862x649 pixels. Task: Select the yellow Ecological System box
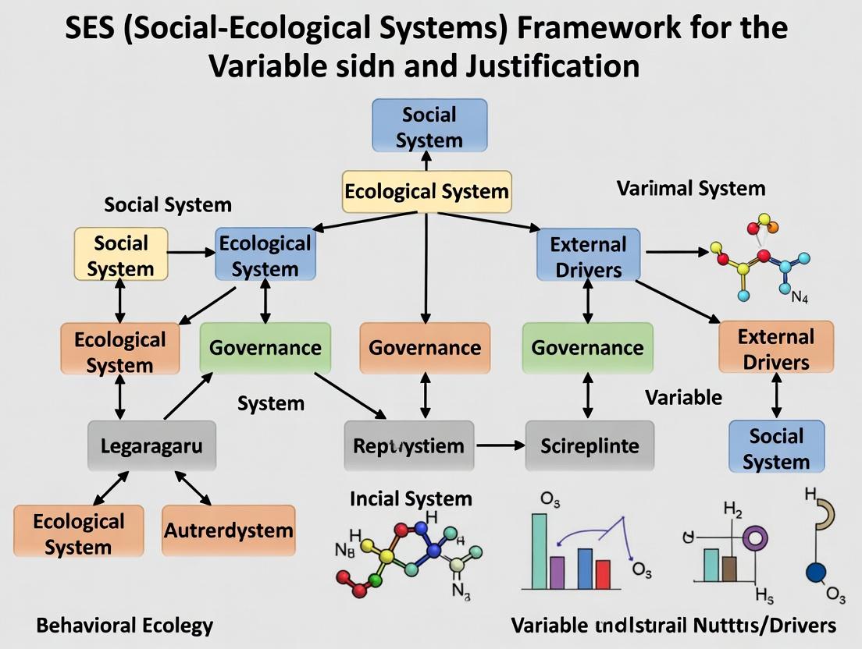coord(426,191)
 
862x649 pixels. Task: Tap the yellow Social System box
coord(120,255)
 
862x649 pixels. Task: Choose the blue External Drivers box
coord(588,256)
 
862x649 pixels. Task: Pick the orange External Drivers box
coord(775,349)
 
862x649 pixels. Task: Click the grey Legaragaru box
coord(146,446)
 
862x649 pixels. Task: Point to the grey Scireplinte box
coord(590,445)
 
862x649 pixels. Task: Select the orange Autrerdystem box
coord(229,530)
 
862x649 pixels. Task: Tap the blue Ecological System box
coord(265,255)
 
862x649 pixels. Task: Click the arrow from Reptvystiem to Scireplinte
coord(500,445)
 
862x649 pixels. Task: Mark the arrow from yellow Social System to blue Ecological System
coord(191,253)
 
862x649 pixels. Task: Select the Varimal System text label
coord(691,188)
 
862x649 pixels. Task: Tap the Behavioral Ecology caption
coord(124,625)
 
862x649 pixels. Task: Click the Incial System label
coord(411,498)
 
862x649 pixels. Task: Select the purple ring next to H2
coord(756,538)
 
